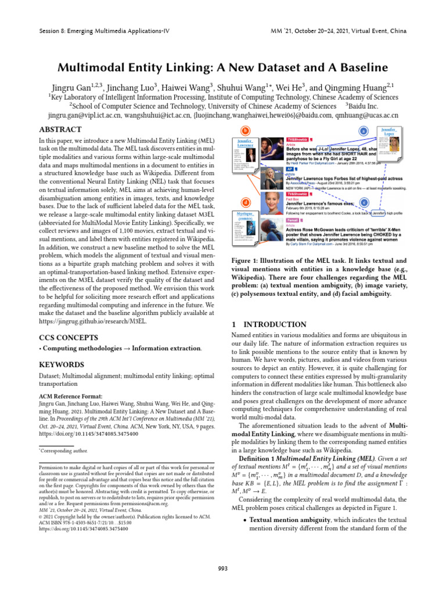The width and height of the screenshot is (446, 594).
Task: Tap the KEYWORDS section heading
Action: [62, 365]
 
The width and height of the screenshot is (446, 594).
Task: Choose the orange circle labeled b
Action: [246, 131]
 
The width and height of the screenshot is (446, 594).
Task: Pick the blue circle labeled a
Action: [364, 132]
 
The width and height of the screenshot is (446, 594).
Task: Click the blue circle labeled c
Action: [364, 202]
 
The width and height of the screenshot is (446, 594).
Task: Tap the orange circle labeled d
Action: [246, 202]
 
